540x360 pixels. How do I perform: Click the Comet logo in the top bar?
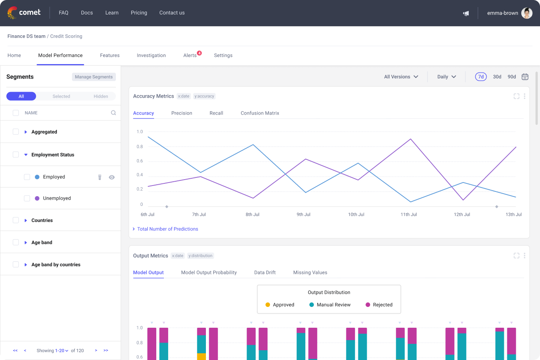(24, 13)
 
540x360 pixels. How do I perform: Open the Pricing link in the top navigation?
(139, 13)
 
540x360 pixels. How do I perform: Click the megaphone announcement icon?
(466, 13)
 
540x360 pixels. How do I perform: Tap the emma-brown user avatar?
(527, 13)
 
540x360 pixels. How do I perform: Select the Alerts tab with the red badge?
(190, 55)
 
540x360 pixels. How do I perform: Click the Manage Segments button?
(94, 77)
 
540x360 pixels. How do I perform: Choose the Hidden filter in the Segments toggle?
(101, 96)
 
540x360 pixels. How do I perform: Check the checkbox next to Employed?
(27, 177)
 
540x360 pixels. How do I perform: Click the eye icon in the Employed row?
(112, 177)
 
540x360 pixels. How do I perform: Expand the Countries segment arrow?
(26, 220)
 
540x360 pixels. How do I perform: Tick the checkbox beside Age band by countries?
(16, 264)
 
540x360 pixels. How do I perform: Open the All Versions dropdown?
(401, 77)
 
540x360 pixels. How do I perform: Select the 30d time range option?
(497, 77)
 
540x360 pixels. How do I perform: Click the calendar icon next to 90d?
(525, 77)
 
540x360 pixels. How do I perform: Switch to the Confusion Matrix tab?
(260, 113)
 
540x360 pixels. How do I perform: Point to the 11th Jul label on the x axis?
(408, 214)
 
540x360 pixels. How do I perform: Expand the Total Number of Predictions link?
(167, 229)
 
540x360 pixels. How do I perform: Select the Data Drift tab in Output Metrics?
(265, 273)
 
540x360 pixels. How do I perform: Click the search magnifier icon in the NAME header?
(113, 113)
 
